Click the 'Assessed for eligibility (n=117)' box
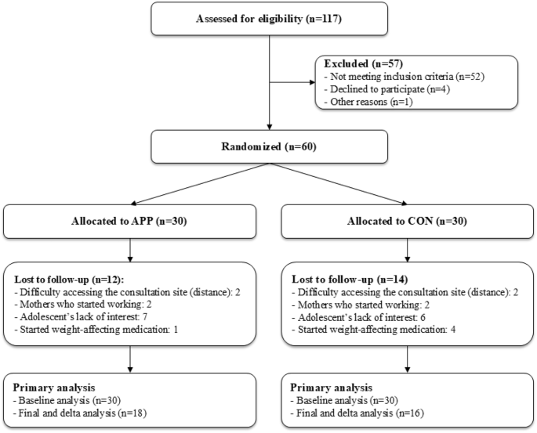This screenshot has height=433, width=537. [269, 19]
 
